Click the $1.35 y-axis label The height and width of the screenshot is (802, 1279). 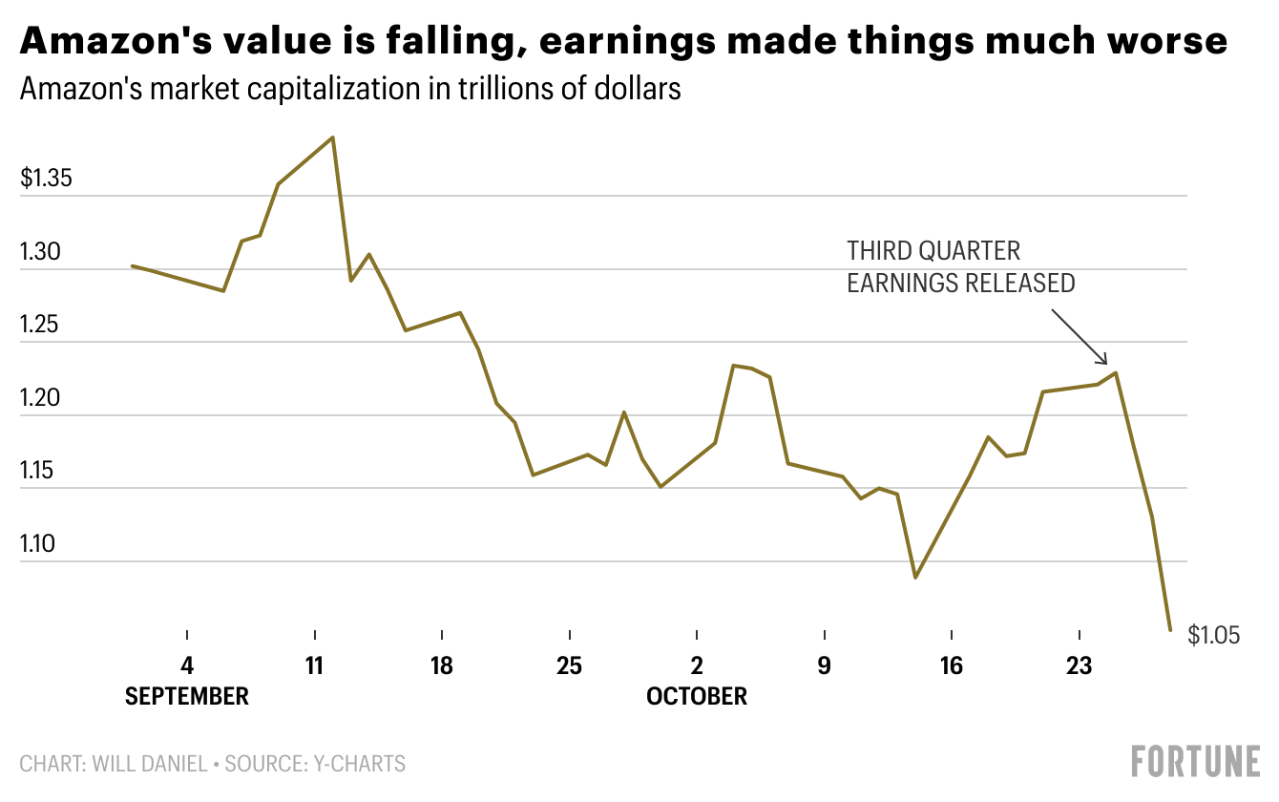[x=46, y=179]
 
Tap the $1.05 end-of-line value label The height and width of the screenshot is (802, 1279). [x=1213, y=635]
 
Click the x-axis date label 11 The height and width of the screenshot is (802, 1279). [x=314, y=665]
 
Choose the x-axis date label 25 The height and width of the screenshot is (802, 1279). [x=569, y=665]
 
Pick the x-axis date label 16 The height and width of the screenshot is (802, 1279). [x=951, y=665]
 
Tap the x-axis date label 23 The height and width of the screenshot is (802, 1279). [x=1079, y=665]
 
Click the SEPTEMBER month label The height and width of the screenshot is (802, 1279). [x=187, y=696]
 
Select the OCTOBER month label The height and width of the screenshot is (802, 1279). [x=697, y=696]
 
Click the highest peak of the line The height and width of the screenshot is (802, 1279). [x=332, y=137]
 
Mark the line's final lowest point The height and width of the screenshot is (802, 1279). [x=1169, y=629]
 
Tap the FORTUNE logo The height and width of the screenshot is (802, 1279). [x=1195, y=762]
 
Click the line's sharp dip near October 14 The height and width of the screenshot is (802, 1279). [x=915, y=578]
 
